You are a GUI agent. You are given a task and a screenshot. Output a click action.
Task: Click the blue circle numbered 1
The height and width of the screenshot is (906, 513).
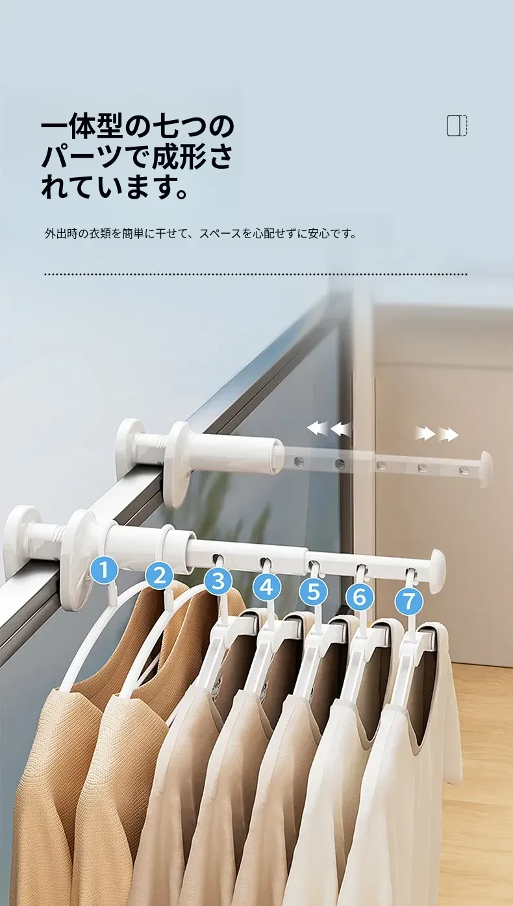tap(105, 570)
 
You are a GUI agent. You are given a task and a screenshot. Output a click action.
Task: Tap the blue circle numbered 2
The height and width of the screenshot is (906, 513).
tap(160, 575)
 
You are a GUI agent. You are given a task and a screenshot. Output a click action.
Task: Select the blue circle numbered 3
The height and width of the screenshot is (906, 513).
tap(218, 582)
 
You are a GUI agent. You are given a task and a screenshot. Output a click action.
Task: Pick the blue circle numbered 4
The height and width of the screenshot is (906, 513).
tap(266, 587)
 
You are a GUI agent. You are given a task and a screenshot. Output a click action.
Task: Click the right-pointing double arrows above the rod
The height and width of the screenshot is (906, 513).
tap(436, 434)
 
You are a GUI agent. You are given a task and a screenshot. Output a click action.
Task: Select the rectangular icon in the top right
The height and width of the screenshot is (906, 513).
tap(457, 126)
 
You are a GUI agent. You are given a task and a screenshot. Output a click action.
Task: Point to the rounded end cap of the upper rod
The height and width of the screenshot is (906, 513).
tap(486, 470)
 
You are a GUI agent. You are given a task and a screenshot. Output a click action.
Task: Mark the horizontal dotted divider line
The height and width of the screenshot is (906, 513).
tap(256, 275)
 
